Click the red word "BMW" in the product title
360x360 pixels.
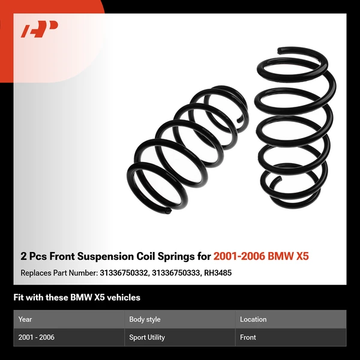280,256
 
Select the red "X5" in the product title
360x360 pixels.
303,256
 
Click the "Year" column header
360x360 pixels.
25,319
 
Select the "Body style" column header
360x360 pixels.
145,319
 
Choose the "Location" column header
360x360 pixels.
253,319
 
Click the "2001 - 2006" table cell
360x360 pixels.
37,337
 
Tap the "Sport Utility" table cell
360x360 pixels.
147,337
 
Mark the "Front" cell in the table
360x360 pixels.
248,337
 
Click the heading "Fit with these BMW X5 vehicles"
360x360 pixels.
77,297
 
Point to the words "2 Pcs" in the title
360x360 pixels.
33,256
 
